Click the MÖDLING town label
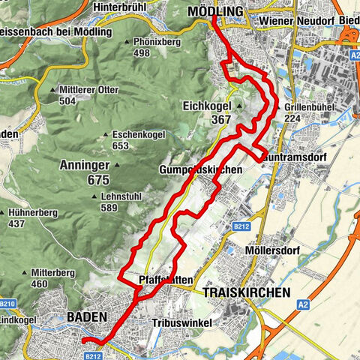point(216,12)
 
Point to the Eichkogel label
point(210,107)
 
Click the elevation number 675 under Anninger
point(97,180)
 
